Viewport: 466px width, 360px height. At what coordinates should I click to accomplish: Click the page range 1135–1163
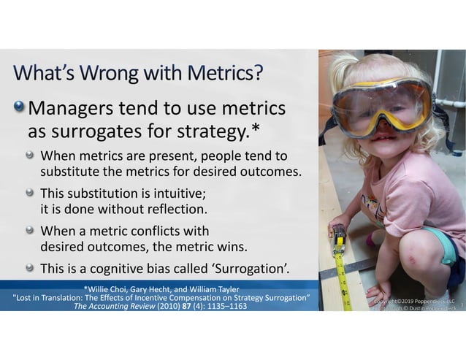click(223, 306)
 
